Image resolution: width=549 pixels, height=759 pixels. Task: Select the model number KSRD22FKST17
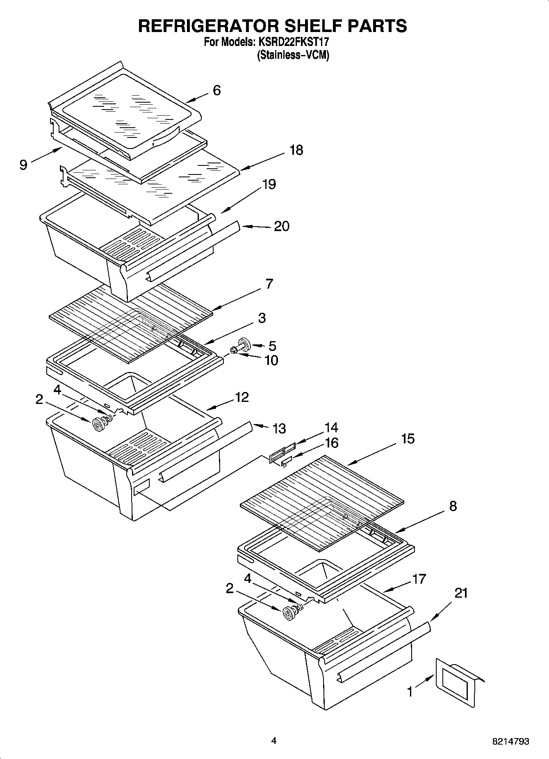pos(293,42)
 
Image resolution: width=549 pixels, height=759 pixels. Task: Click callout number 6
pos(216,90)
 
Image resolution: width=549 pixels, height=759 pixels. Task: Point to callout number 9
pos(23,165)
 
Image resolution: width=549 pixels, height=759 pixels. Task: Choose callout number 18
pos(296,150)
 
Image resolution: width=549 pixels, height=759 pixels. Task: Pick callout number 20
pos(282,226)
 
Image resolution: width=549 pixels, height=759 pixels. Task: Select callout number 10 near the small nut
pos(271,360)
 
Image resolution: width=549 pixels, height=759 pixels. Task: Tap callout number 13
pos(279,429)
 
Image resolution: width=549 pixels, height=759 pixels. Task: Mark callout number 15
pos(408,439)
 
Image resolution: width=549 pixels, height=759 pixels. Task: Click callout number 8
pos(453,506)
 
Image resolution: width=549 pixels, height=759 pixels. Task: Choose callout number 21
pos(461,593)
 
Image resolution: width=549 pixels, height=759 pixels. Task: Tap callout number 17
pos(419,579)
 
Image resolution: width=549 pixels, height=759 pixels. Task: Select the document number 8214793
pos(510,741)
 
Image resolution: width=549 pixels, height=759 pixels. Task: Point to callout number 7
pos(269,284)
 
